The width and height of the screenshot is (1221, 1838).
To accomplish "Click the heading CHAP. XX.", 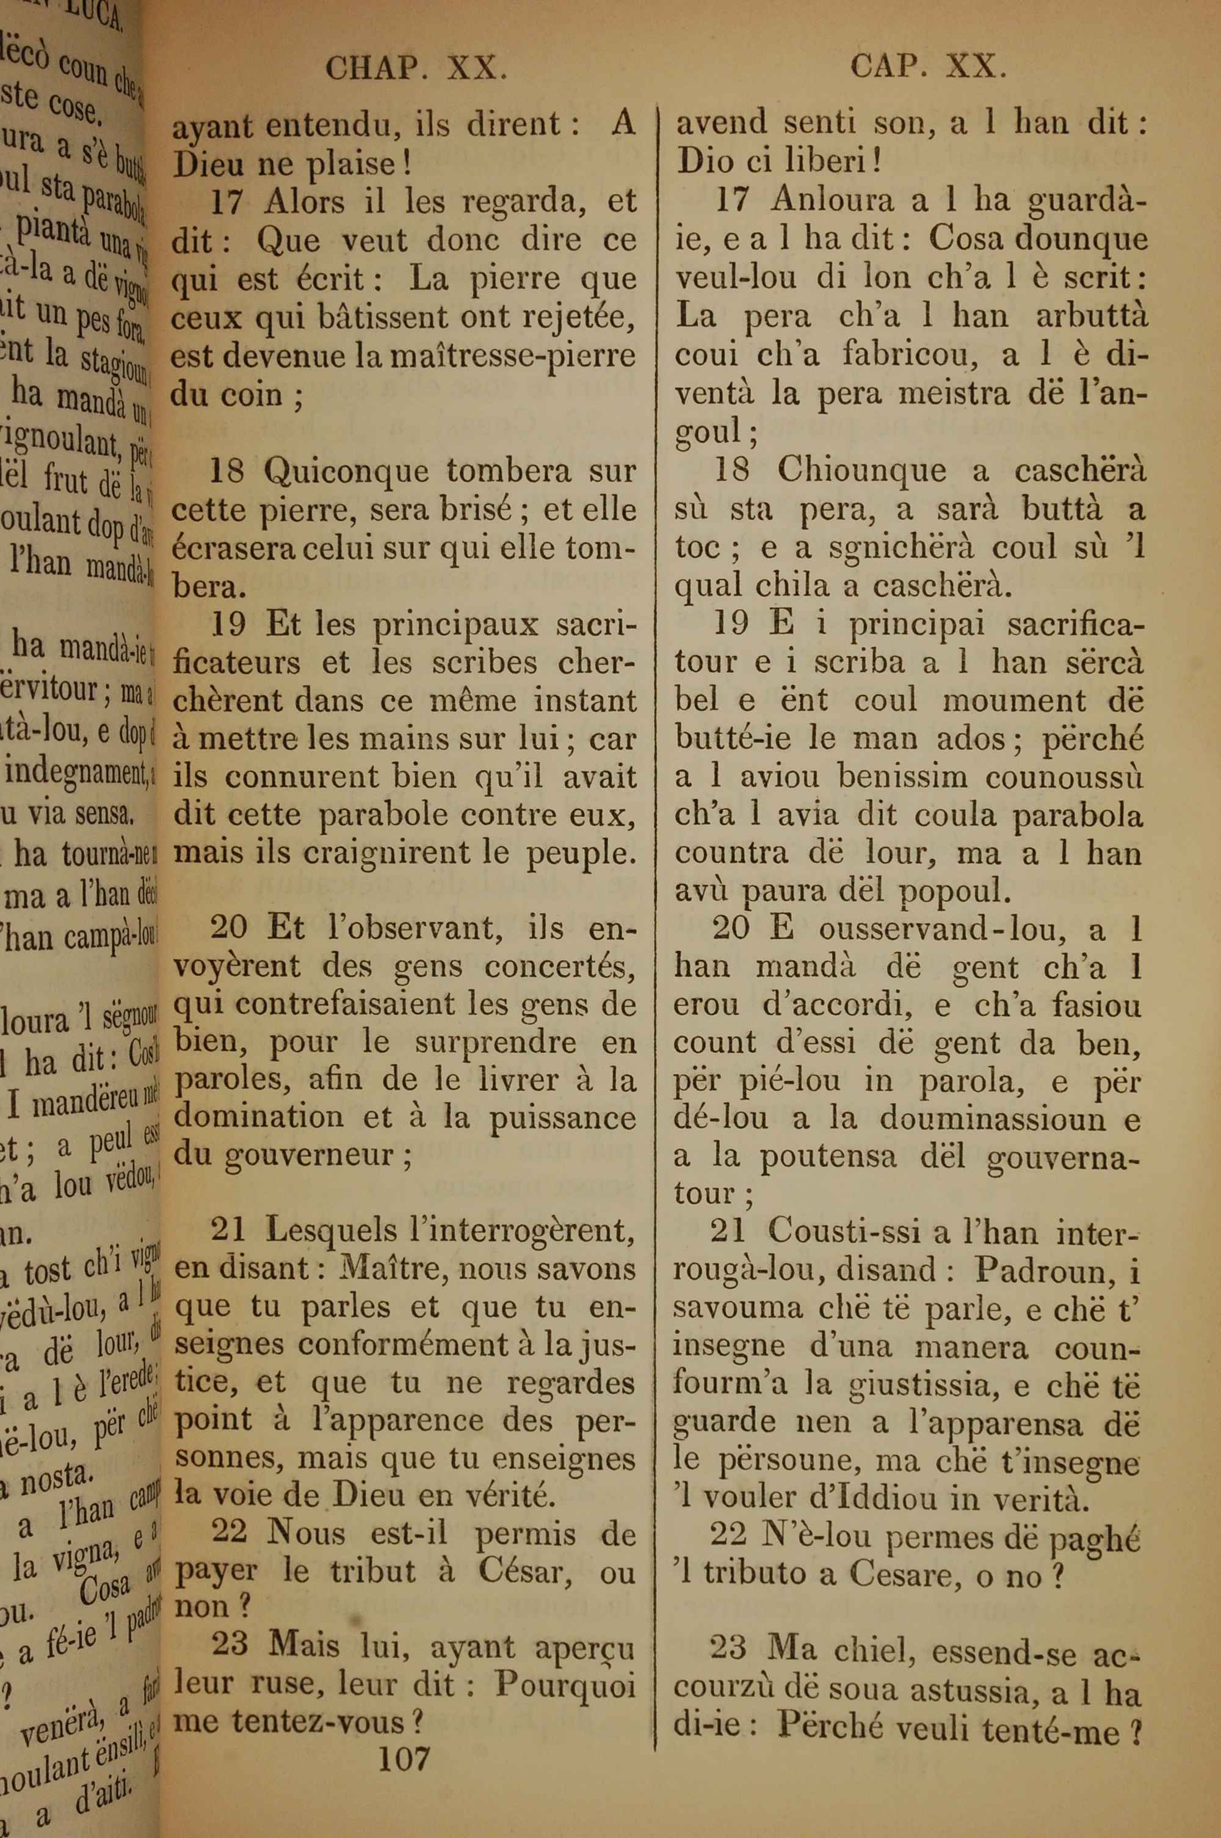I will (x=416, y=69).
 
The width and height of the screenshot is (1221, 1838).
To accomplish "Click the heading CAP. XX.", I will (x=928, y=67).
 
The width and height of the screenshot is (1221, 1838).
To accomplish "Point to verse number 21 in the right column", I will (x=728, y=1231).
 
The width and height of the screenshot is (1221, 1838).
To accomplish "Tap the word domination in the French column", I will (x=258, y=1118).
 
